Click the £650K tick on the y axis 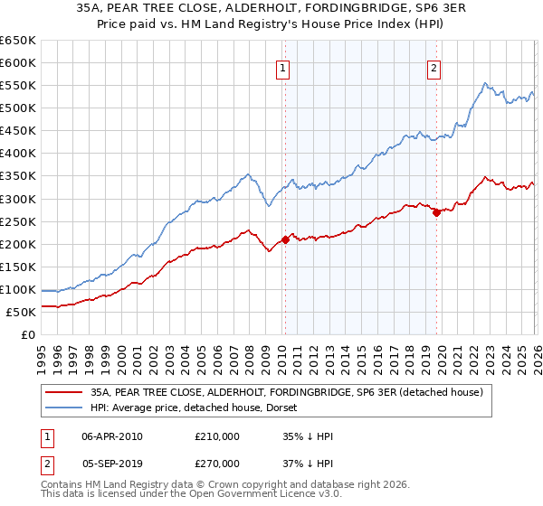pyautogui.click(x=18, y=41)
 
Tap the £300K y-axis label pyautogui.click(x=18, y=199)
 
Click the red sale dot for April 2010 pyautogui.click(x=285, y=239)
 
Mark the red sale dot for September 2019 pyautogui.click(x=436, y=212)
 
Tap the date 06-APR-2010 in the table pyautogui.click(x=112, y=436)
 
